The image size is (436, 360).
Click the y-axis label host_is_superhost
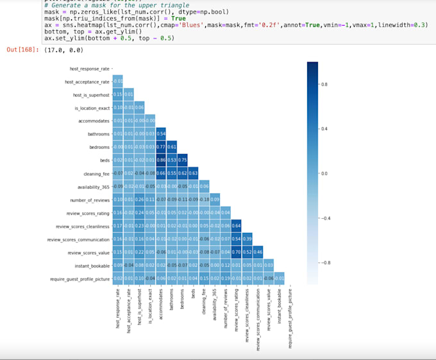pyautogui.click(x=90, y=95)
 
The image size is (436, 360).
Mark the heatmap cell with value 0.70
pyautogui.click(x=235, y=252)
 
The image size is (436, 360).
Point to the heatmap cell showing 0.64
pyautogui.click(x=235, y=226)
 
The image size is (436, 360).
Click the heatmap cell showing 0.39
pyautogui.click(x=246, y=239)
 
